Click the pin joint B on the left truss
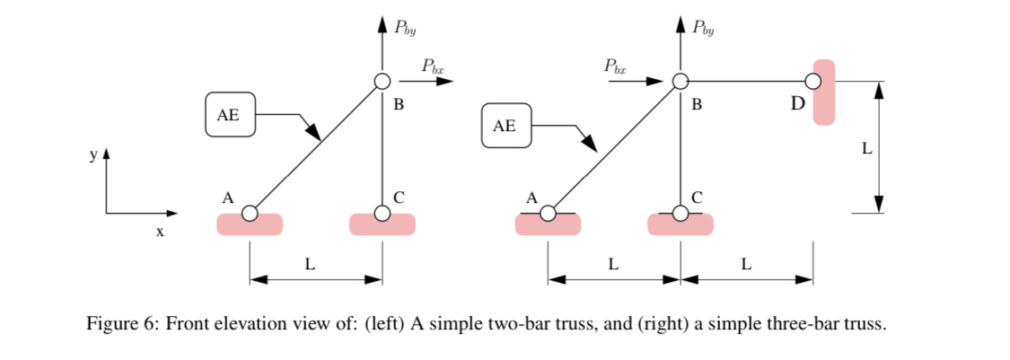pyautogui.click(x=382, y=82)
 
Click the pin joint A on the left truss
pyautogui.click(x=250, y=214)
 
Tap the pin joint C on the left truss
pyautogui.click(x=382, y=214)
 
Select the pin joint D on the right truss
pyautogui.click(x=812, y=82)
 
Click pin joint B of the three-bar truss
pyautogui.click(x=681, y=82)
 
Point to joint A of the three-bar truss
pyautogui.click(x=548, y=214)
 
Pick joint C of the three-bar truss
pyautogui.click(x=681, y=214)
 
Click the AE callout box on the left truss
pyautogui.click(x=231, y=114)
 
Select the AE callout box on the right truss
pyautogui.click(x=506, y=126)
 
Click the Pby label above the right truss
pyautogui.click(x=704, y=26)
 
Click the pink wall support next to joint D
pyautogui.click(x=824, y=92)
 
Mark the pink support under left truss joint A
pyautogui.click(x=250, y=225)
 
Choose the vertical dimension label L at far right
pyautogui.click(x=866, y=149)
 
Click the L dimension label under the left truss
pyautogui.click(x=311, y=264)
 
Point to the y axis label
pyautogui.click(x=92, y=155)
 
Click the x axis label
pyautogui.click(x=160, y=233)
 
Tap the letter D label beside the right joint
pyautogui.click(x=797, y=104)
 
